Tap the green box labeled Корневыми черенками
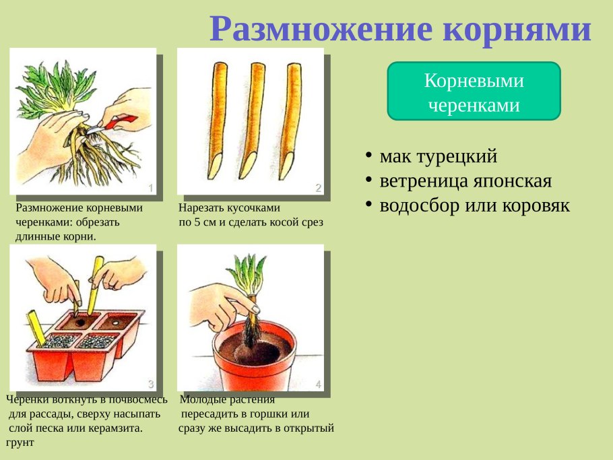point(474,92)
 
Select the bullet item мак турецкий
point(439,157)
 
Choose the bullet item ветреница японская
point(465,181)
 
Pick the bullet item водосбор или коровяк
point(475,205)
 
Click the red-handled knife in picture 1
point(118,123)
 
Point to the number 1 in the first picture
point(152,188)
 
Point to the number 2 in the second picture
point(318,188)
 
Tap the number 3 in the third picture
point(152,385)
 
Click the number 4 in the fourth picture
point(318,385)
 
